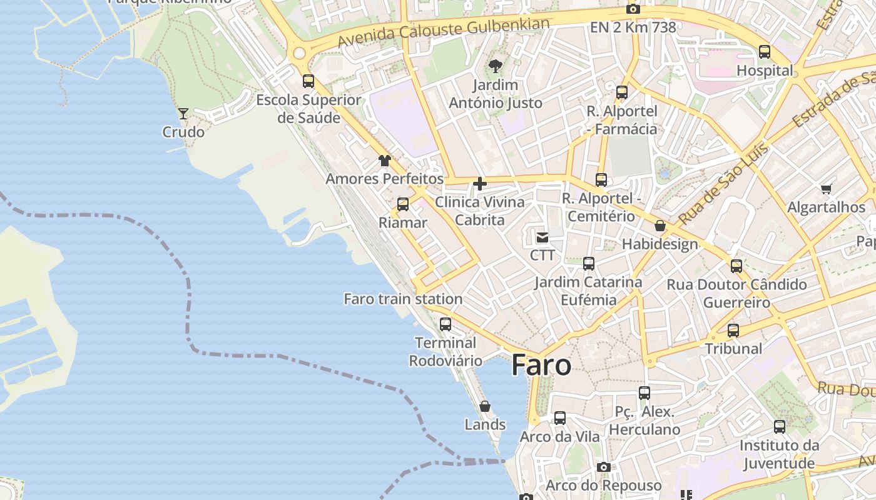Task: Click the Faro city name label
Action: point(541,365)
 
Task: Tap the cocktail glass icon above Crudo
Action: point(183,113)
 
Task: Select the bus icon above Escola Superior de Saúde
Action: point(308,81)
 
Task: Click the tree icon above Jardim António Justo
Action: point(496,66)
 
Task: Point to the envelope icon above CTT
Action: point(542,237)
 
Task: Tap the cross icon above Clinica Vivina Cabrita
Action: point(480,184)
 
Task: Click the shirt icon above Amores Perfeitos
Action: point(384,161)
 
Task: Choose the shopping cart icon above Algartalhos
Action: point(826,188)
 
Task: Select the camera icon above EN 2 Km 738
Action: point(633,9)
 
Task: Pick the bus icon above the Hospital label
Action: point(765,52)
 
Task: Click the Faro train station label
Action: point(403,299)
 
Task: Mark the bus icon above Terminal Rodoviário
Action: point(446,324)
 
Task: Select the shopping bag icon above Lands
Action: point(485,407)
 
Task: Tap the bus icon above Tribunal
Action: point(733,330)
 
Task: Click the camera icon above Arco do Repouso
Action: point(603,467)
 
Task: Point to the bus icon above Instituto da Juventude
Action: point(780,427)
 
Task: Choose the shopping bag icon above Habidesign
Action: point(660,226)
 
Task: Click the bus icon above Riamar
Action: point(403,204)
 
